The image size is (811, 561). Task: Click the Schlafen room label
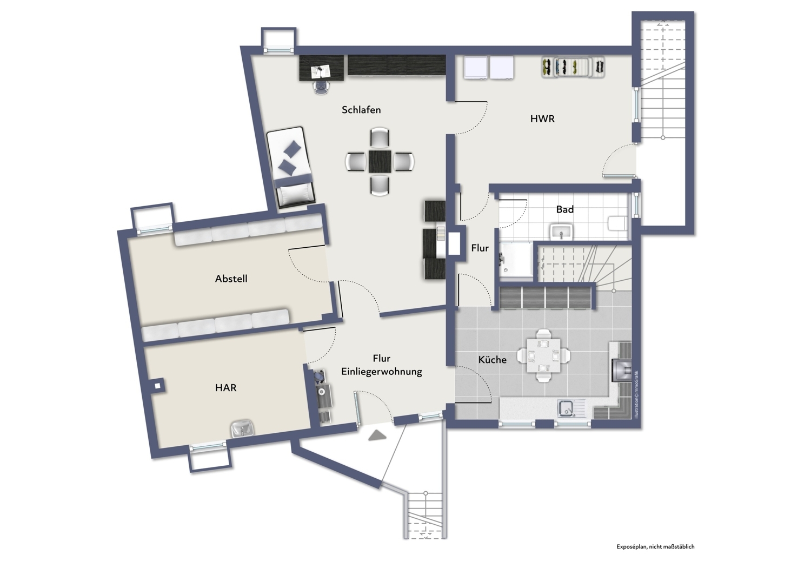point(361,110)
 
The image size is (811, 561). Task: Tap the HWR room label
point(542,119)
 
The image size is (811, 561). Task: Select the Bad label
point(565,209)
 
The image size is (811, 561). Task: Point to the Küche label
point(492,360)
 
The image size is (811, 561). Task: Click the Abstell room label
point(231,279)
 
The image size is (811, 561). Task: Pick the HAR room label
point(225,388)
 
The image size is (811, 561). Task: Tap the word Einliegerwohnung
point(382,372)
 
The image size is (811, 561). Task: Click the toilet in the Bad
point(617,223)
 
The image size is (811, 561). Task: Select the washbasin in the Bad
point(561,232)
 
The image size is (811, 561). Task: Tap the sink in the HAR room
point(242,429)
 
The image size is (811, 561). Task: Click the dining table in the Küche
point(543,355)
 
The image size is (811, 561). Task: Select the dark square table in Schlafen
point(380,162)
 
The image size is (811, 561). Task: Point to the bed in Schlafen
point(290,167)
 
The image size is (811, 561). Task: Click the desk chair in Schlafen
point(321,87)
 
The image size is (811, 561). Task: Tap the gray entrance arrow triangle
point(377,435)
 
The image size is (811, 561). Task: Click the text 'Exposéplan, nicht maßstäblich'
point(655,547)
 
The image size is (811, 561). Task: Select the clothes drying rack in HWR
point(573,68)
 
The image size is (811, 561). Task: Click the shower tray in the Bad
point(516,260)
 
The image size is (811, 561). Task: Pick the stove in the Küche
point(621,370)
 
